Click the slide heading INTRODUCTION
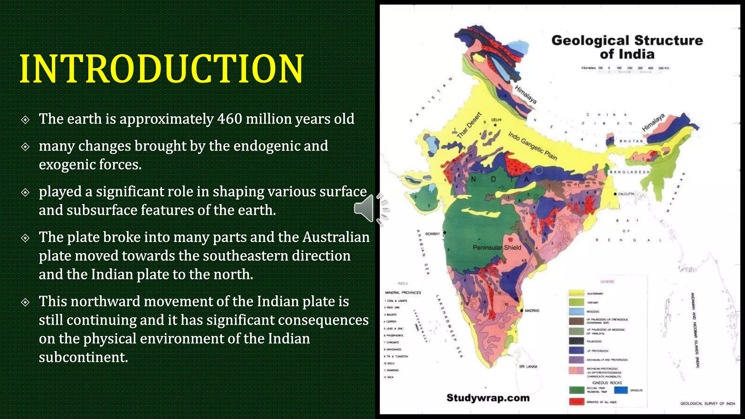162,69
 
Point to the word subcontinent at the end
83,357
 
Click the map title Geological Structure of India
627,47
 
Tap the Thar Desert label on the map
469,125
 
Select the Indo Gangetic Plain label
533,146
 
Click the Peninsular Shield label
497,248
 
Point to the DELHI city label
496,120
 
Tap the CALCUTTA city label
626,194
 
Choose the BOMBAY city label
433,234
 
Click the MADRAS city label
532,311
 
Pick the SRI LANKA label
528,367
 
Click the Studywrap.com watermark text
488,398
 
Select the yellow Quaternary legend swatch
576,293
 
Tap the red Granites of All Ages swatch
576,402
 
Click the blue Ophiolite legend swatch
621,390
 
